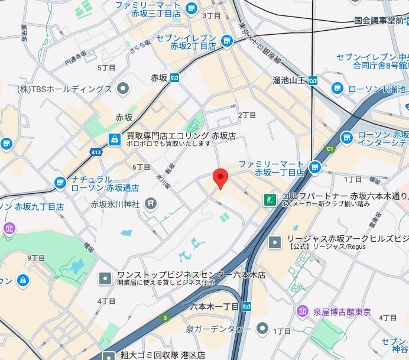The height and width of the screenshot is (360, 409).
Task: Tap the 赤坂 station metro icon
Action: click(x=174, y=77)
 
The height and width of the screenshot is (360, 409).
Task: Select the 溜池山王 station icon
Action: click(x=313, y=80)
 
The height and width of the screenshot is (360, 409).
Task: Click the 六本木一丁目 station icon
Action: click(x=247, y=306)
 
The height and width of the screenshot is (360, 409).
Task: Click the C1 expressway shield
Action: click(x=330, y=149)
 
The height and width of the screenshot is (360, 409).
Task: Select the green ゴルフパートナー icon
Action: click(x=270, y=199)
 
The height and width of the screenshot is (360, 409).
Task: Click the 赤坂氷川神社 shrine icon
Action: click(x=151, y=204)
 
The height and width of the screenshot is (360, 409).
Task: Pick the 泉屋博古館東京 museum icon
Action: click(x=303, y=311)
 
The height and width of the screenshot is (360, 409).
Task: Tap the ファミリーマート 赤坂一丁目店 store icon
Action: click(x=314, y=167)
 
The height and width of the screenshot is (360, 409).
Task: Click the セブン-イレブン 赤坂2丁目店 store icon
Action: click(x=226, y=40)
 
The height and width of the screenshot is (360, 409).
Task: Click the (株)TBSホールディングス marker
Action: click(x=123, y=89)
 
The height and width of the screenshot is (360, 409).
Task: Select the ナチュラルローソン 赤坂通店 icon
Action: click(x=60, y=183)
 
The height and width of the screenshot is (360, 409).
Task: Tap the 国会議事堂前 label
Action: click(x=378, y=20)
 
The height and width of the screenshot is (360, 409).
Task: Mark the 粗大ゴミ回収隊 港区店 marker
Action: click(x=109, y=356)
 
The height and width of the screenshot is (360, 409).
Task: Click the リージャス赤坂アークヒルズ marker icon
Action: click(x=275, y=242)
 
